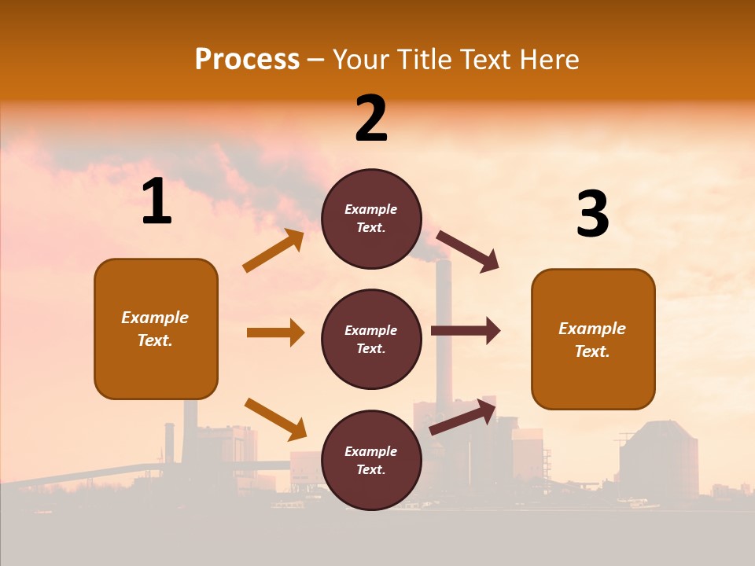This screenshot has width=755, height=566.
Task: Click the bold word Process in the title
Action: tap(247, 60)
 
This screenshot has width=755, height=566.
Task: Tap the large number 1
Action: tap(157, 202)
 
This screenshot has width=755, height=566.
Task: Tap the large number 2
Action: tap(371, 119)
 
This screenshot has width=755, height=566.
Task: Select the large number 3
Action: tap(592, 215)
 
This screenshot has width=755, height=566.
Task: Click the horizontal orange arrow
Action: tap(275, 333)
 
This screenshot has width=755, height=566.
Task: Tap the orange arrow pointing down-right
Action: tap(275, 419)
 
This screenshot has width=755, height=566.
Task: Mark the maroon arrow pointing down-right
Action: tap(469, 252)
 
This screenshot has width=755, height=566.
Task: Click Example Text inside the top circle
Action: tap(371, 219)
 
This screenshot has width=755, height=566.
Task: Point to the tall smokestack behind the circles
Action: tap(443, 314)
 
